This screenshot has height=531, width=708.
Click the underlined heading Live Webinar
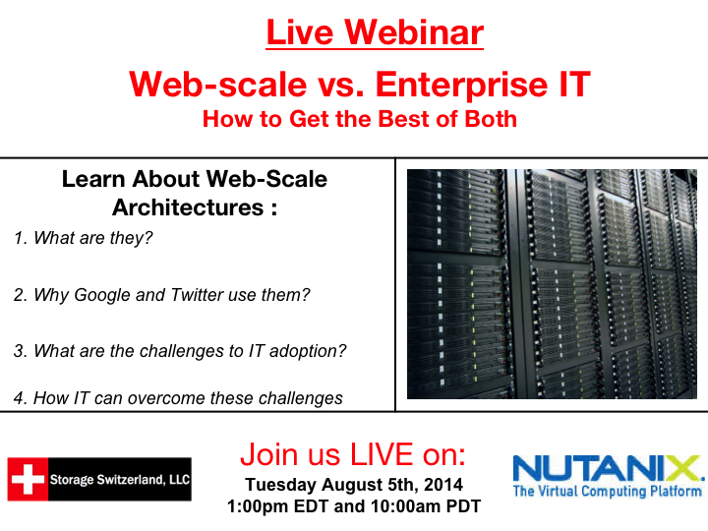(x=375, y=33)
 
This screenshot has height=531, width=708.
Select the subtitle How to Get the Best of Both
(x=359, y=120)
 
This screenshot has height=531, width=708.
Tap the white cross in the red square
(x=29, y=479)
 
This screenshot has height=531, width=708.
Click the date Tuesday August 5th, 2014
(x=353, y=485)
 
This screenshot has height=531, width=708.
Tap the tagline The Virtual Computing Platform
(x=608, y=491)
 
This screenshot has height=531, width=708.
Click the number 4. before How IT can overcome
(x=20, y=398)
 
